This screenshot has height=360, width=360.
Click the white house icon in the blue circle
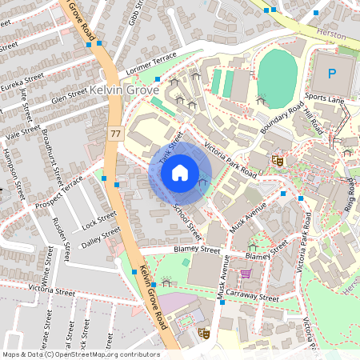point(180,171)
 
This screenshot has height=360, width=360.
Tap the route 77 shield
point(116,133)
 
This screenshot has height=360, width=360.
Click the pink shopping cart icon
point(246,274)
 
